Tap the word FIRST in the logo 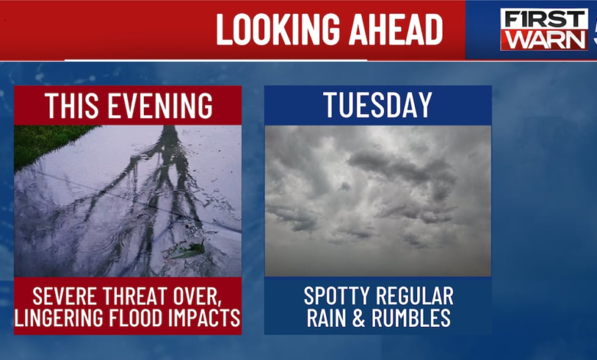(x=544, y=19)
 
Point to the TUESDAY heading (x=377, y=106)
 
